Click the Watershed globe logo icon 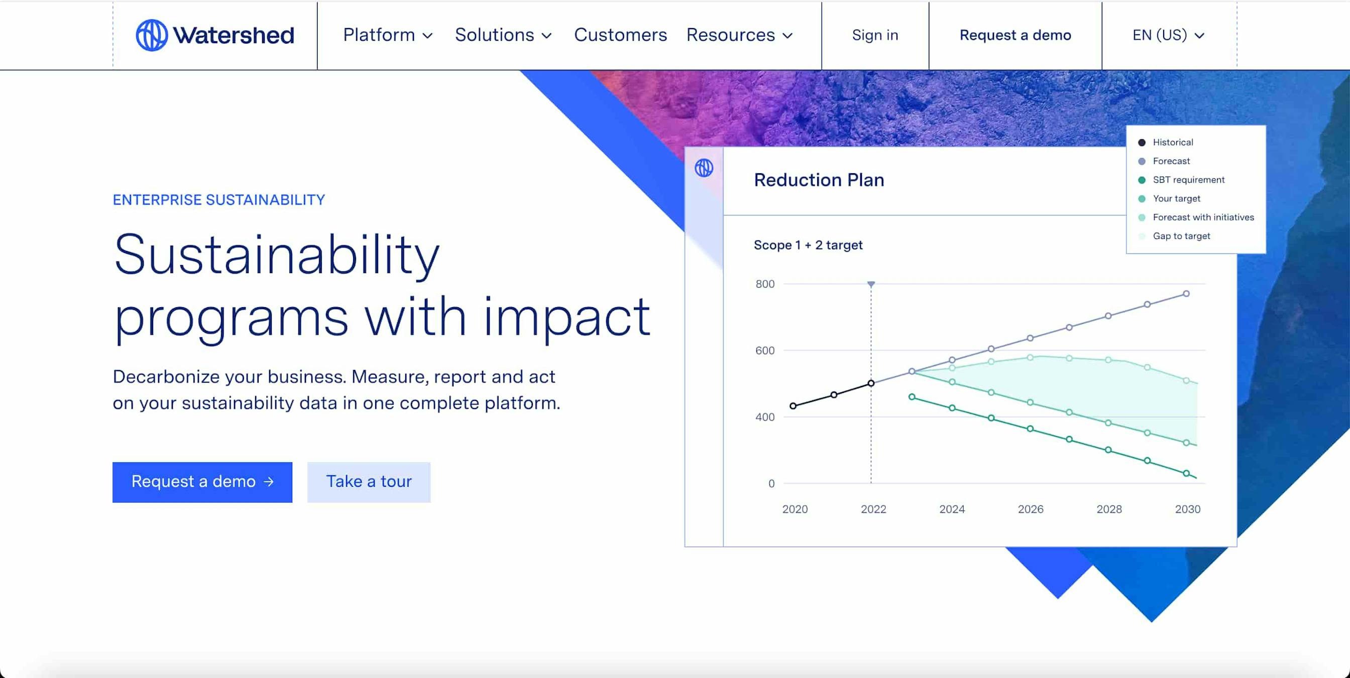pos(152,35)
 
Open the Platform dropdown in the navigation pos(388,35)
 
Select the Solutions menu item pos(503,35)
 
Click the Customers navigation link pos(620,35)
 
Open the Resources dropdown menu pos(739,35)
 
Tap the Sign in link pos(875,35)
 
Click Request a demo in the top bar pos(1015,35)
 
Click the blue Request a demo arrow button pos(202,482)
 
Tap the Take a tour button pos(369,482)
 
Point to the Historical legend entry pos(1166,143)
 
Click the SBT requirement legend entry pos(1182,180)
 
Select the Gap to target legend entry pos(1174,236)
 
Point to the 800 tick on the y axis pos(764,284)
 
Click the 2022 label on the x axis pos(873,509)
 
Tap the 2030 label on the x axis pos(1188,509)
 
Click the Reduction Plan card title pos(819,180)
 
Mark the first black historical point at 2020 pos(794,406)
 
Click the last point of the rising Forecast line pos(1186,294)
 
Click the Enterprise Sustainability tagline pos(218,200)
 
